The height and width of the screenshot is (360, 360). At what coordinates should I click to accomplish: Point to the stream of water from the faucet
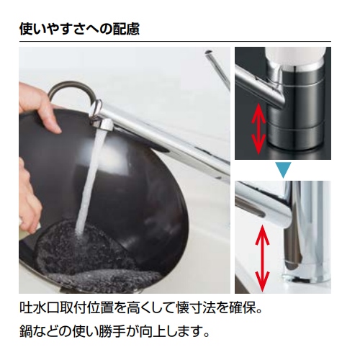click(x=88, y=180)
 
